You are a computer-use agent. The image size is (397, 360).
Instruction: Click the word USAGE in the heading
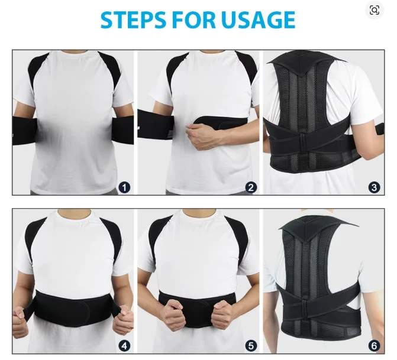click(x=258, y=20)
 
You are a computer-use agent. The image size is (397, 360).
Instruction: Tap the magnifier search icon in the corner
click(x=374, y=11)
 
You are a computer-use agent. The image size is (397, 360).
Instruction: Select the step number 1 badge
click(x=124, y=187)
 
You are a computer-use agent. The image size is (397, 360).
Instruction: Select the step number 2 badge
click(x=251, y=187)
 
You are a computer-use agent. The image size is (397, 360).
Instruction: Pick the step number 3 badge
click(x=374, y=187)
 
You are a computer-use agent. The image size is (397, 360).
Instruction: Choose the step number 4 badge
click(x=124, y=346)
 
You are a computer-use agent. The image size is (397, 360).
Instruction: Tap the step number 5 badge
click(x=251, y=346)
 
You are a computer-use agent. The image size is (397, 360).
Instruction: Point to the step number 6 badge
click(x=374, y=346)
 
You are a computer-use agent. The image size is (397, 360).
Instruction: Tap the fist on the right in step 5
click(x=223, y=314)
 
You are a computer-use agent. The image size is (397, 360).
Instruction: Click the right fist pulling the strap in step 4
click(x=123, y=319)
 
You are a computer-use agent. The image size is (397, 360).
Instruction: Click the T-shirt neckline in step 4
click(x=74, y=215)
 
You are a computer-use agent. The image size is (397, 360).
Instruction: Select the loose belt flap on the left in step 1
click(x=25, y=130)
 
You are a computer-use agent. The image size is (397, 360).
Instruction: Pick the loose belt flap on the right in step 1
click(x=123, y=129)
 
